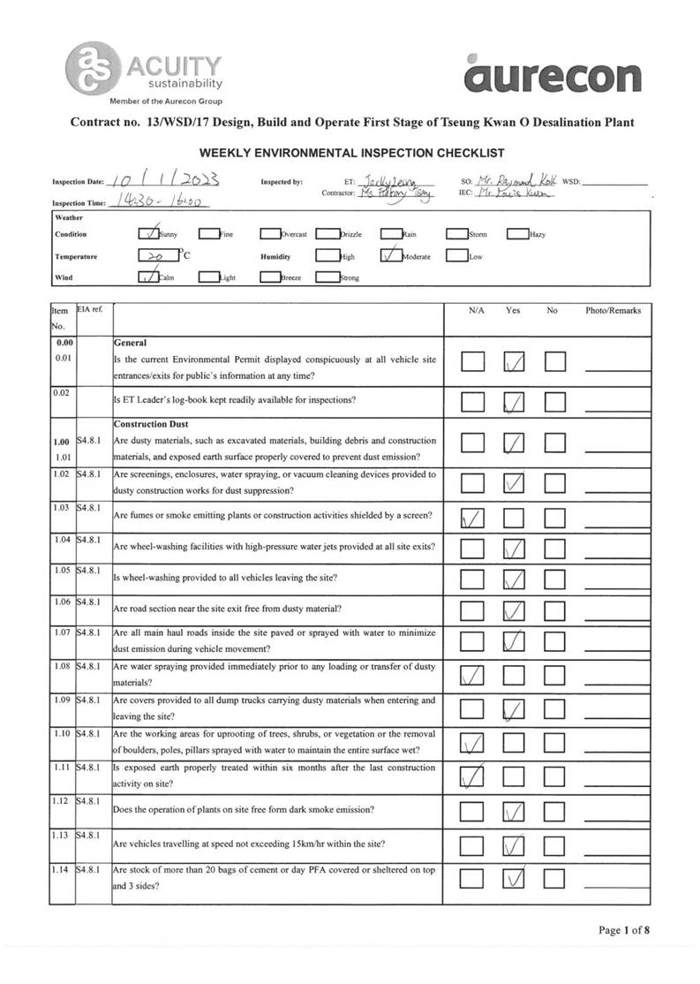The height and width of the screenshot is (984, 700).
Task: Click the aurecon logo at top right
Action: point(552,73)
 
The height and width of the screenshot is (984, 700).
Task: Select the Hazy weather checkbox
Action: point(517,234)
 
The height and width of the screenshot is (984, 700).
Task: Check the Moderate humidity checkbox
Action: point(391,256)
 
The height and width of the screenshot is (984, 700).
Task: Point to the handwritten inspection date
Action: point(165,181)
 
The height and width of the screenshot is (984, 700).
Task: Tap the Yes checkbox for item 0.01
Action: point(514,362)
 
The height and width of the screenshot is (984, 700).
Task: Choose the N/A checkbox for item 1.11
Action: point(473,777)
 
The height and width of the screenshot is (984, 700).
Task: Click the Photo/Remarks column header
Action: point(613,311)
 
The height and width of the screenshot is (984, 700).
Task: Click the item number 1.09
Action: point(62,700)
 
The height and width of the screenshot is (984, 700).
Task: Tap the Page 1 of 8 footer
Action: point(624,929)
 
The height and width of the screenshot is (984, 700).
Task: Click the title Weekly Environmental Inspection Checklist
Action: point(351,153)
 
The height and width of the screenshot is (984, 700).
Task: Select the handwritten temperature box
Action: point(157,256)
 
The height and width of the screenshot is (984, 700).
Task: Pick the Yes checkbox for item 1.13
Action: point(514,845)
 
